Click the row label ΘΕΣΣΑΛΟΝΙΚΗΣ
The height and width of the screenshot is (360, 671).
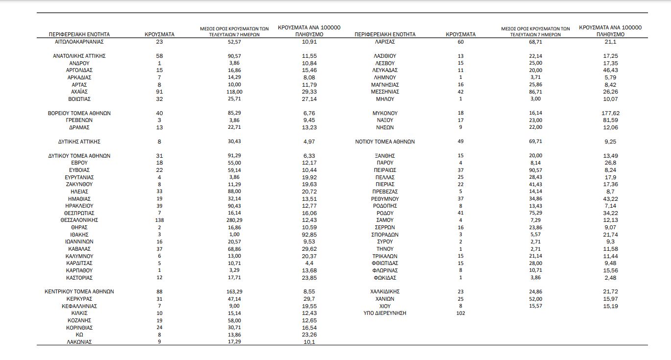(x=79, y=220)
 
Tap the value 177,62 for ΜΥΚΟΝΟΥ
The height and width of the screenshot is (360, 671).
(x=610, y=113)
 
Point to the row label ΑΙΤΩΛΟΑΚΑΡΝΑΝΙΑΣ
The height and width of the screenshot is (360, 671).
(x=79, y=42)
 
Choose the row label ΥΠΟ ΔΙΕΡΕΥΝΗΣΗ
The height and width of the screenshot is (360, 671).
(x=385, y=313)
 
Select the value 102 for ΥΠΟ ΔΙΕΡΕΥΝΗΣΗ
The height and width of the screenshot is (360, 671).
(x=460, y=313)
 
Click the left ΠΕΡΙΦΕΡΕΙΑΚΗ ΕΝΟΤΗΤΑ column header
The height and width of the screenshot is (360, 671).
(x=79, y=34)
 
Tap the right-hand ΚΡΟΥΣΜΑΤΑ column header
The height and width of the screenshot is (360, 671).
(x=460, y=34)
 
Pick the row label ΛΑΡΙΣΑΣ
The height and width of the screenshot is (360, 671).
(x=385, y=42)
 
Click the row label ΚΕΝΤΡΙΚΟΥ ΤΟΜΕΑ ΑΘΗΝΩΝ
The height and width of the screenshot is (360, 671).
(x=79, y=291)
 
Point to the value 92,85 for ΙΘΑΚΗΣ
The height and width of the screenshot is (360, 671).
(x=309, y=235)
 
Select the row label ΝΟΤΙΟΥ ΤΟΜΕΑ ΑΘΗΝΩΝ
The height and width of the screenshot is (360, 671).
(x=385, y=142)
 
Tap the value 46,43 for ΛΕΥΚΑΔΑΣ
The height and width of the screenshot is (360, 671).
(x=610, y=70)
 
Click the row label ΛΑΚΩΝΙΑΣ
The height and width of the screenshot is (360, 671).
(x=79, y=342)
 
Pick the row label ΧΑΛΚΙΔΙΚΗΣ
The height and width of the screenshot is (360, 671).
(x=385, y=291)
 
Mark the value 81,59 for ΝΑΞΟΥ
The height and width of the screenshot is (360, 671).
(x=610, y=120)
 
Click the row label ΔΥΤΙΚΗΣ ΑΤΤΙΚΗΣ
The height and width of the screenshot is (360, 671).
(x=79, y=142)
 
